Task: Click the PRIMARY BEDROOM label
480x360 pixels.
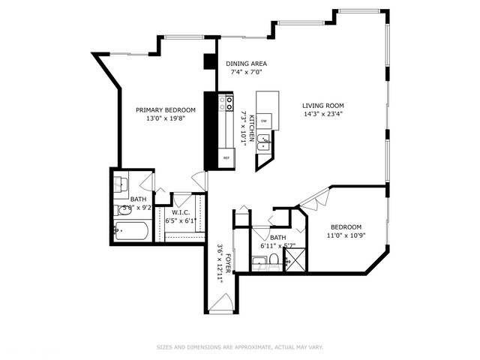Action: click(x=165, y=109)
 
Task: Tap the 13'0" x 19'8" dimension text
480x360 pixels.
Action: click(x=165, y=118)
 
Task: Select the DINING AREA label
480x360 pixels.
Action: click(x=247, y=64)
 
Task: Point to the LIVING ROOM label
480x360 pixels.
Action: click(x=322, y=106)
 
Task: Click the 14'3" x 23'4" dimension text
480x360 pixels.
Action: click(x=322, y=115)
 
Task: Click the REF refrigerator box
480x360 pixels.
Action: click(x=225, y=158)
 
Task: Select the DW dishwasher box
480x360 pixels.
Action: click(x=264, y=120)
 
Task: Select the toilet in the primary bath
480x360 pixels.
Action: click(x=121, y=211)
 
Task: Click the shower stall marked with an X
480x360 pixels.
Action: click(x=293, y=259)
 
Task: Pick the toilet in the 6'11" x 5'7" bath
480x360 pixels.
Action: click(x=274, y=259)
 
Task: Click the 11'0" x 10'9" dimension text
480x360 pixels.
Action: click(x=346, y=236)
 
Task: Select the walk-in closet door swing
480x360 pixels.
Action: click(x=182, y=200)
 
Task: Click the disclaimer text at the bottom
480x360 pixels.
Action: click(x=240, y=347)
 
